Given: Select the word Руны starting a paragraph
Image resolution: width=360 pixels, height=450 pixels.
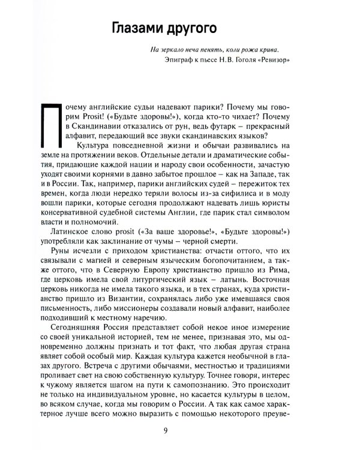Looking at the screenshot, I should tap(60, 259).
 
